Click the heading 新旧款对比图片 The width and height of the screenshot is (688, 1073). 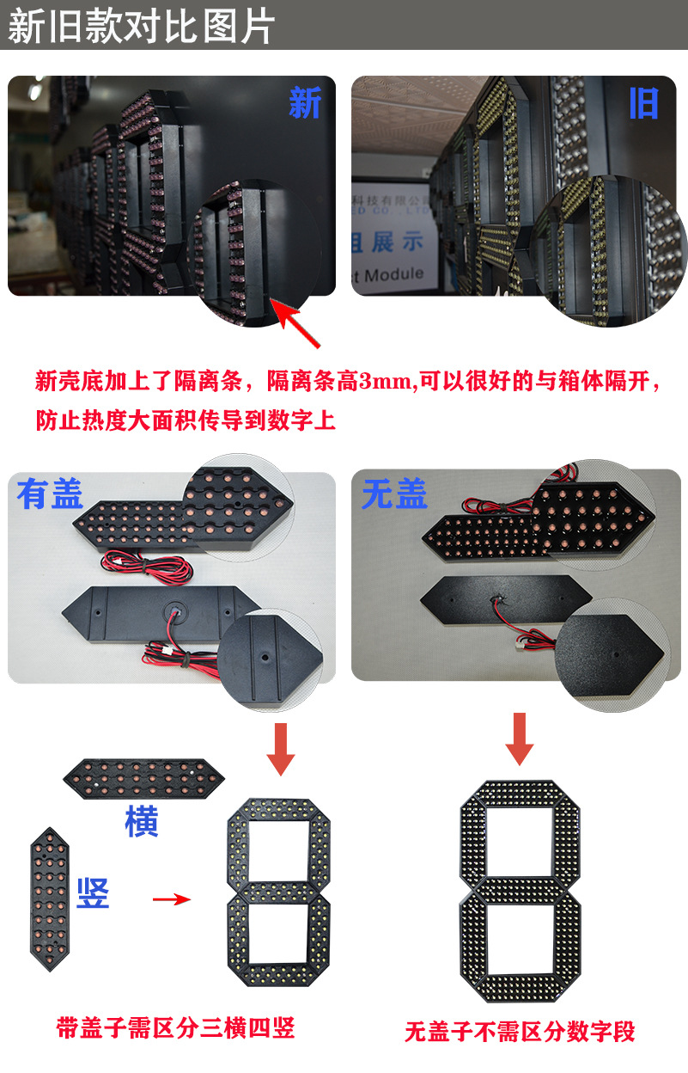pos(142,26)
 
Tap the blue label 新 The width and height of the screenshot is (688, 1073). pos(304,103)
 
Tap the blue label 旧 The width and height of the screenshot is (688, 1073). pos(643,103)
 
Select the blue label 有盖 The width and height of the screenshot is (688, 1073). pos(50,494)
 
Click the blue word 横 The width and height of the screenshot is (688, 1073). pos(142,822)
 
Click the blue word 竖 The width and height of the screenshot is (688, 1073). pos(93,894)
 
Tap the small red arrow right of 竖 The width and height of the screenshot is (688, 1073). pos(171,899)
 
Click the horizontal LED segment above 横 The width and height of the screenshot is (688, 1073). pos(143,778)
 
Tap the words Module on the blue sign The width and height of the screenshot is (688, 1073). pos(394,273)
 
